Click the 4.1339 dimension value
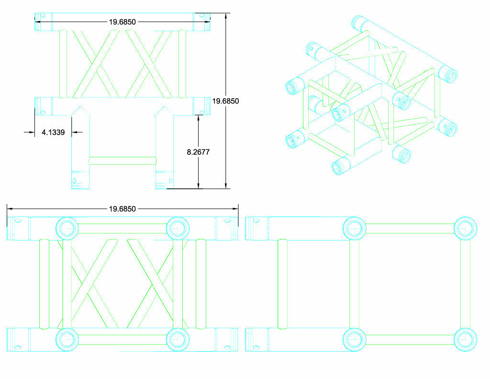point(53,132)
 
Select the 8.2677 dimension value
point(198,152)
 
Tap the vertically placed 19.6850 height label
point(226,101)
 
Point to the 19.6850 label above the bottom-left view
point(122,209)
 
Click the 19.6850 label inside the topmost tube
point(122,22)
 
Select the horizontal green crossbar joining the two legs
point(122,161)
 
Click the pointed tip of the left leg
point(80,106)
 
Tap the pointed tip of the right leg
point(165,106)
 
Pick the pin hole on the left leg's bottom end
point(74,181)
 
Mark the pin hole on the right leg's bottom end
point(171,181)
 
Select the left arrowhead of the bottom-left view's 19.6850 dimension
point(10,208)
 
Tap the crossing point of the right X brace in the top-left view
point(149,64)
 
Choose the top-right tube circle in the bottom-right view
point(465,229)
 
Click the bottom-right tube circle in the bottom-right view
point(465,340)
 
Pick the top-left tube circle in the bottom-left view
point(67,229)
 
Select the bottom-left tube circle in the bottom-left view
point(67,340)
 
